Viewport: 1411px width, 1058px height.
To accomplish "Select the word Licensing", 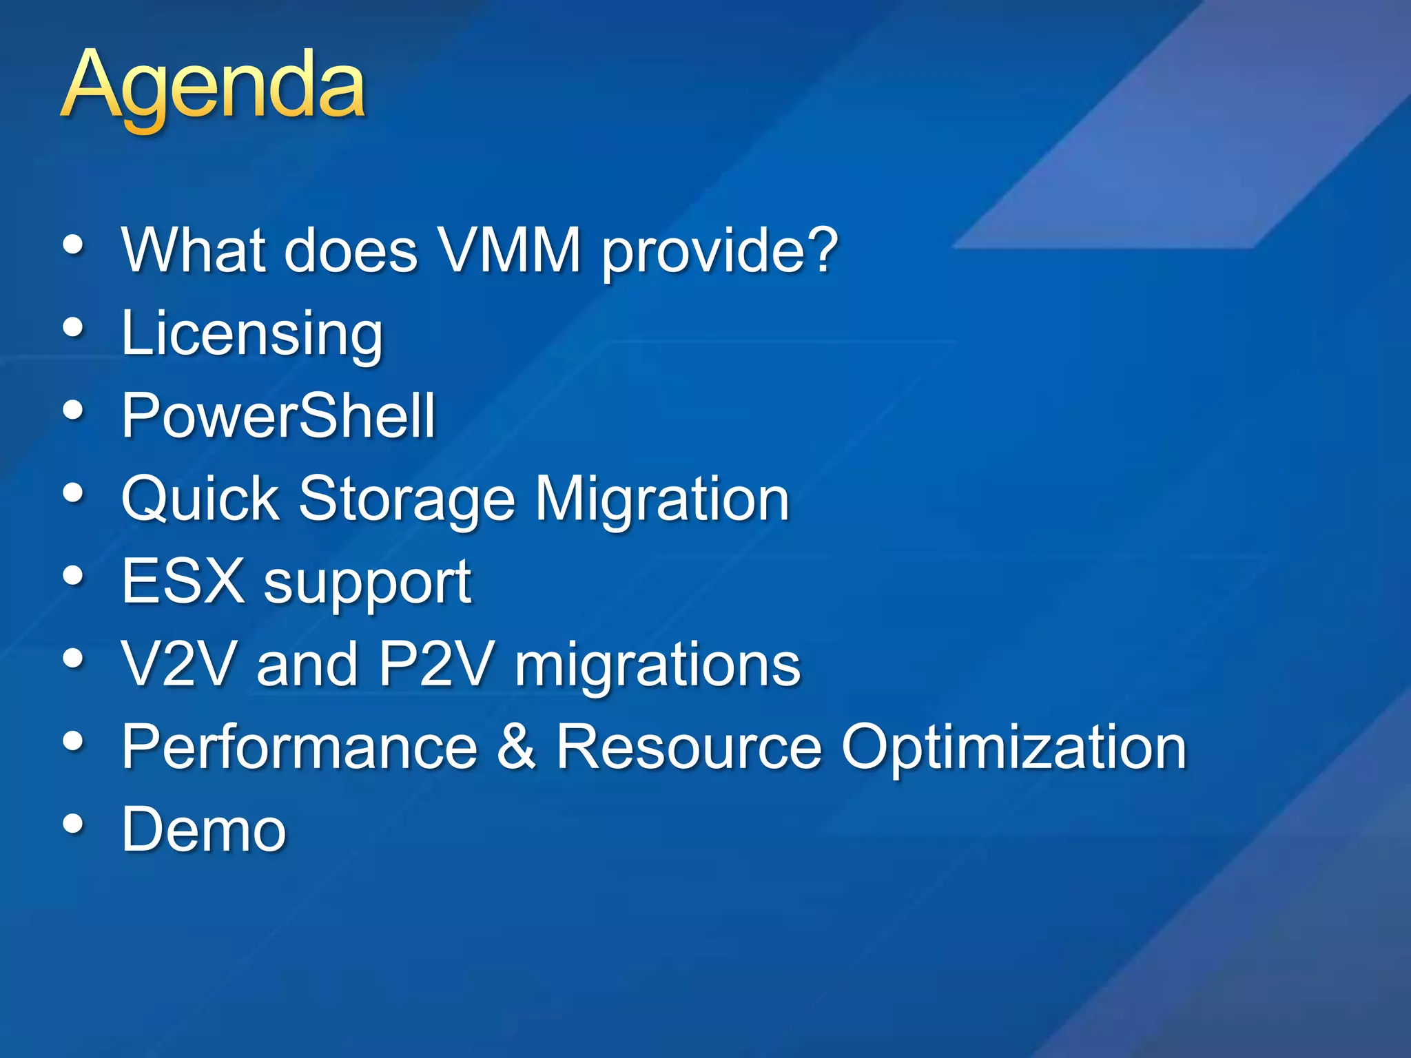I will point(251,335).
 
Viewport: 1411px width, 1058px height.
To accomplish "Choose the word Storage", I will point(406,500).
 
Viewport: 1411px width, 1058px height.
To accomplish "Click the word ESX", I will point(183,581).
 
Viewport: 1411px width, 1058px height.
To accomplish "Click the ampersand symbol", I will point(517,747).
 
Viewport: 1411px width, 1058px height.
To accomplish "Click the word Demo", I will point(203,830).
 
